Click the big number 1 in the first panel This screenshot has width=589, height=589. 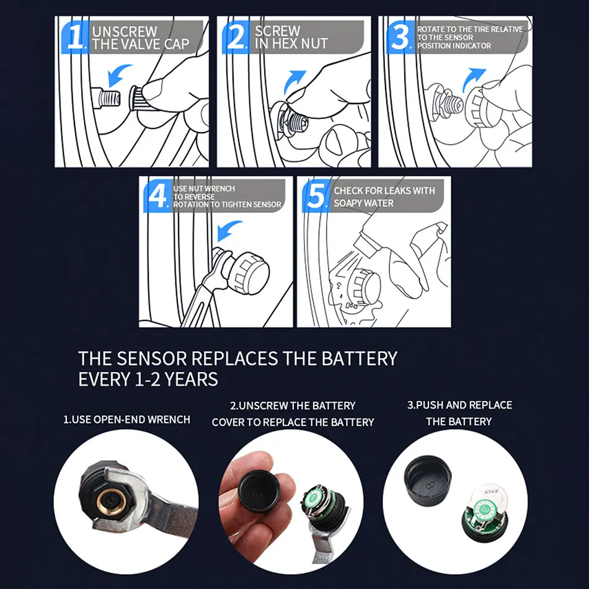pyautogui.click(x=76, y=37)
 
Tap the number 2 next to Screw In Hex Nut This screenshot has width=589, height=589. pyautogui.click(x=236, y=37)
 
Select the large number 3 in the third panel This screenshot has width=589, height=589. pyautogui.click(x=400, y=37)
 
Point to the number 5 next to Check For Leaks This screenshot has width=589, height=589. pyautogui.click(x=316, y=195)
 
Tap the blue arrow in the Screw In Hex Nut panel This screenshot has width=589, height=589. pyautogui.click(x=294, y=81)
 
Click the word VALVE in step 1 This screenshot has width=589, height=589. pyautogui.click(x=141, y=44)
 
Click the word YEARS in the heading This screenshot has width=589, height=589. pyautogui.click(x=191, y=379)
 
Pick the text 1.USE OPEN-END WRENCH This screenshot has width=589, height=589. pyautogui.click(x=126, y=419)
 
